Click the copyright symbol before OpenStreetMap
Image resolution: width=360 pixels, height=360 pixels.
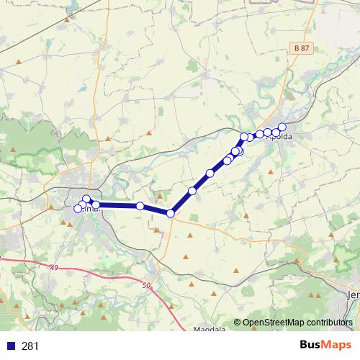point(238,323)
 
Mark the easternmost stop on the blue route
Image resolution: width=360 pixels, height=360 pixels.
point(282,127)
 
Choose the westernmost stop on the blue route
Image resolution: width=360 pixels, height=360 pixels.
point(78,209)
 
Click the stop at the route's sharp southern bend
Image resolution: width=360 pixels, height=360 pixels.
point(171,213)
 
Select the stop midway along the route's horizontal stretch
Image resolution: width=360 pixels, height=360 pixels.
point(140,206)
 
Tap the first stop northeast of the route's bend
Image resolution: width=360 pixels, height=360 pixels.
point(192,191)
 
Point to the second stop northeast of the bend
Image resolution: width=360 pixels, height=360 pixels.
point(210,173)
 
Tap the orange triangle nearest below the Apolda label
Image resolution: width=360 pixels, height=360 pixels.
point(271,171)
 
